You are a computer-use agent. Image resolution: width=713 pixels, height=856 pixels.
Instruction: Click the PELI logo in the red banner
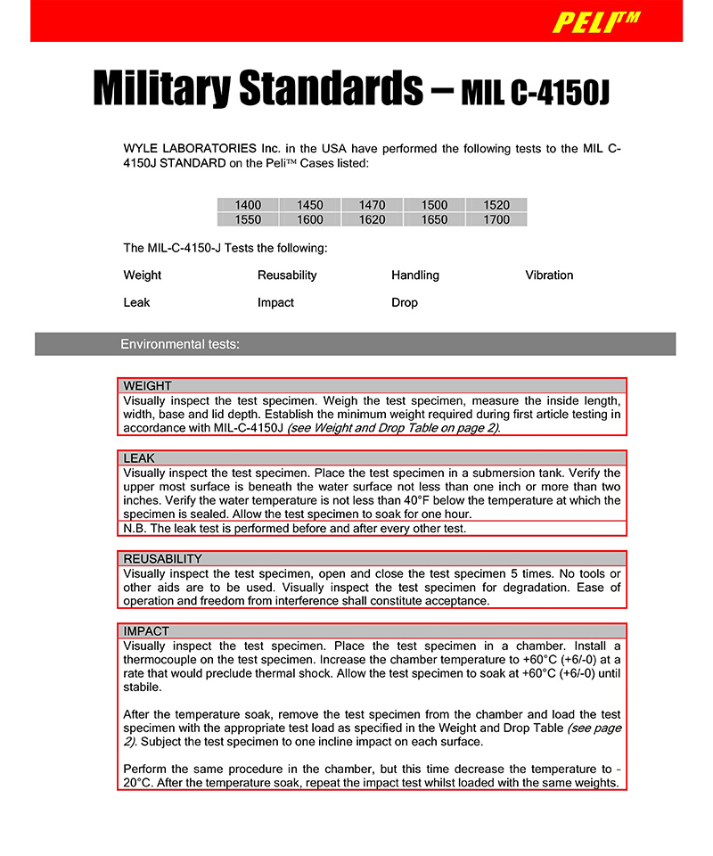pos(596,21)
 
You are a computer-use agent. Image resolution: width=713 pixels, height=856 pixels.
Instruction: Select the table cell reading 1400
pos(248,205)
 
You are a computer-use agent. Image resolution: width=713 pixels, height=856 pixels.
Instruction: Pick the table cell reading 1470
pos(372,205)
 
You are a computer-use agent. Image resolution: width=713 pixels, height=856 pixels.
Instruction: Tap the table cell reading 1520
pos(496,205)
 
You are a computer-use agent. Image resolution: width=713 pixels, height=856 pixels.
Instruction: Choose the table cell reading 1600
pos(310,219)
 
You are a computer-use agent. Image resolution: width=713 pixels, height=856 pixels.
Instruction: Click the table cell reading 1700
pos(496,219)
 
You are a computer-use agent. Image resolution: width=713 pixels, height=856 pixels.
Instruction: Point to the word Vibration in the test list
pos(549,276)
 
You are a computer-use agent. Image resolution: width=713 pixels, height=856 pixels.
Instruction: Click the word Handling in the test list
pos(415,276)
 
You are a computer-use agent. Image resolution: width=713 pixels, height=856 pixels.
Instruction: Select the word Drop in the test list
pos(405,303)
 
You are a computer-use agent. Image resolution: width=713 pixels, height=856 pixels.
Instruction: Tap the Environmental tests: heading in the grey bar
pos(180,344)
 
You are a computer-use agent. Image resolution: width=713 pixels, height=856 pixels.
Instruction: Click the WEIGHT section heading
pos(148,386)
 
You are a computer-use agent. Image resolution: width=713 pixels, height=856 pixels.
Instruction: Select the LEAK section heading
pos(139,458)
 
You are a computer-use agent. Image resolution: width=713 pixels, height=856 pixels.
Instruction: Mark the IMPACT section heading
pos(146,631)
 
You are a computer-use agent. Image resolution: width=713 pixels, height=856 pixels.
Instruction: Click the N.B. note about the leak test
pos(294,529)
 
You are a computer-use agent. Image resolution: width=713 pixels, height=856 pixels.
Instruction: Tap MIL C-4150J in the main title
pos(535,92)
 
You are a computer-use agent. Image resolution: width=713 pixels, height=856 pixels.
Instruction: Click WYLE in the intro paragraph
pos(142,149)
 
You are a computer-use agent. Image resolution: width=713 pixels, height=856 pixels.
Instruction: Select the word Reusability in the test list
pos(287,276)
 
